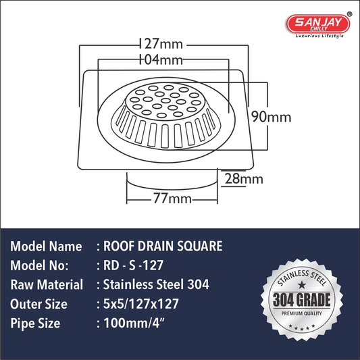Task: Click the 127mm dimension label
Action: [161, 44]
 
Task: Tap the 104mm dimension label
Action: [161, 59]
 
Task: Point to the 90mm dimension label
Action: [271, 117]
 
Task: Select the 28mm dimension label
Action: [244, 178]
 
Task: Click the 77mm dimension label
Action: [172, 198]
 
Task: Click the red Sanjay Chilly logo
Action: [318, 24]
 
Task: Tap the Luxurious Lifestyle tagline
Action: [319, 36]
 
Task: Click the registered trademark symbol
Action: [349, 14]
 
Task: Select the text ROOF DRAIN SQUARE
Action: [163, 246]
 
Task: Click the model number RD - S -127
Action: [133, 265]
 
